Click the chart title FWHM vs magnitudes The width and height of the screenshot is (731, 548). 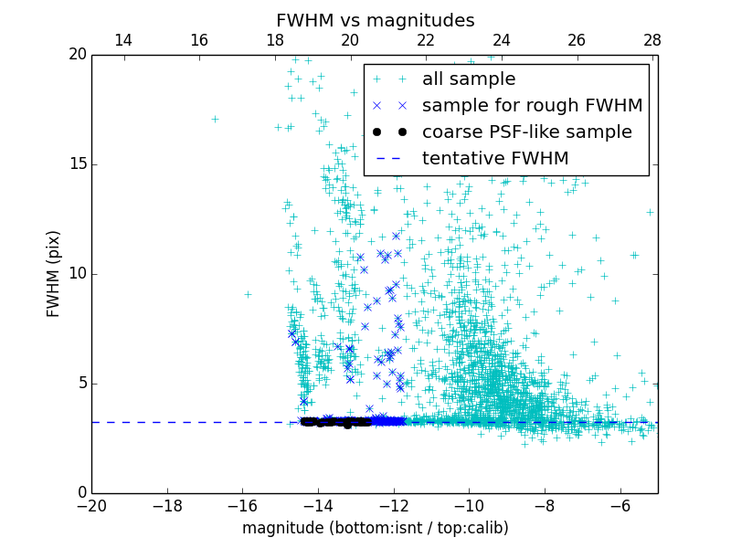[375, 20]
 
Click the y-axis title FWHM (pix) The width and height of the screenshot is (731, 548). [54, 273]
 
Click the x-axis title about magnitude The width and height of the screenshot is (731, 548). [375, 528]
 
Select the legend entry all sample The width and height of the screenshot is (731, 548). [468, 79]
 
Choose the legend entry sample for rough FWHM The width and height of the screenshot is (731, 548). [532, 106]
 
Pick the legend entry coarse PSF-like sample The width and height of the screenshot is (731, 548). [526, 132]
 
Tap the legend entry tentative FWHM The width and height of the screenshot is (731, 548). [494, 159]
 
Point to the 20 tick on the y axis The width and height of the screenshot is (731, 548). [77, 55]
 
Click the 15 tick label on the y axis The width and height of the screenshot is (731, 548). [77, 164]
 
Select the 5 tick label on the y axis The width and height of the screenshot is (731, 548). [80, 384]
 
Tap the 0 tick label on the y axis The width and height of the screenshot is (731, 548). [80, 493]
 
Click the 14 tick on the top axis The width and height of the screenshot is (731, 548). [122, 40]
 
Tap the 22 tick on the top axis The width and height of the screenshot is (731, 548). [425, 40]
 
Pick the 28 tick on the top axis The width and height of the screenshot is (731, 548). [652, 40]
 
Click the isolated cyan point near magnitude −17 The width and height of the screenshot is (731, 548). [215, 119]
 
